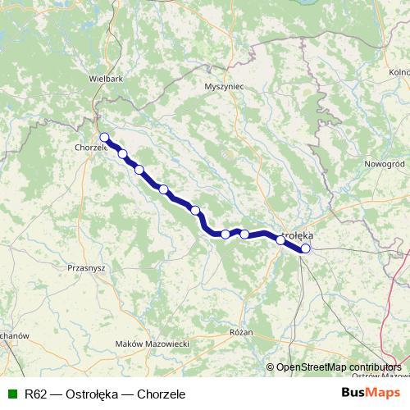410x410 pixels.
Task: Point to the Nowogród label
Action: pyautogui.click(x=385, y=163)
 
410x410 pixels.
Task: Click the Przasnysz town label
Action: pyautogui.click(x=86, y=267)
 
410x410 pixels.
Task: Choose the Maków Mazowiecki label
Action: pyautogui.click(x=153, y=343)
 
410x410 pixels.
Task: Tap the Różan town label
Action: pyautogui.click(x=241, y=332)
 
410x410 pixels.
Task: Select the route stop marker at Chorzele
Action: pyautogui.click(x=104, y=137)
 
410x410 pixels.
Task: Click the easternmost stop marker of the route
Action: pyautogui.click(x=306, y=248)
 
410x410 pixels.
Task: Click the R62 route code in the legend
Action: pyautogui.click(x=35, y=394)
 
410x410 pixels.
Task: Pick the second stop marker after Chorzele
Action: pyautogui.click(x=139, y=170)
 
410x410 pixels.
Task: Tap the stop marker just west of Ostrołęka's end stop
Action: pyautogui.click(x=280, y=240)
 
